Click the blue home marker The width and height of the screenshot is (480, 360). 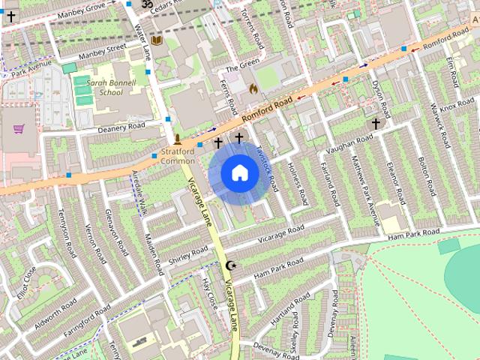pos(238,174)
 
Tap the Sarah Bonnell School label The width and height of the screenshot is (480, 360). pos(110,88)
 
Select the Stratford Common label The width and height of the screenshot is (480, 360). pos(178,156)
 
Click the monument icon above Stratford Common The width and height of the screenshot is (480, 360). pos(178,139)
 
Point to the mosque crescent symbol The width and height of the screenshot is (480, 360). pos(231,265)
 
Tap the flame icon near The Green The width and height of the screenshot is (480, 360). pos(253,88)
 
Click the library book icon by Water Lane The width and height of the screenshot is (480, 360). pos(156,40)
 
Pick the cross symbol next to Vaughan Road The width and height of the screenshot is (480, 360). pos(376,124)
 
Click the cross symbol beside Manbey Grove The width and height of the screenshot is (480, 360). pos(10,16)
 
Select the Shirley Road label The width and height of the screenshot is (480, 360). pos(188,253)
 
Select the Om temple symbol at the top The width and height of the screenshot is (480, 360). pos(147,4)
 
